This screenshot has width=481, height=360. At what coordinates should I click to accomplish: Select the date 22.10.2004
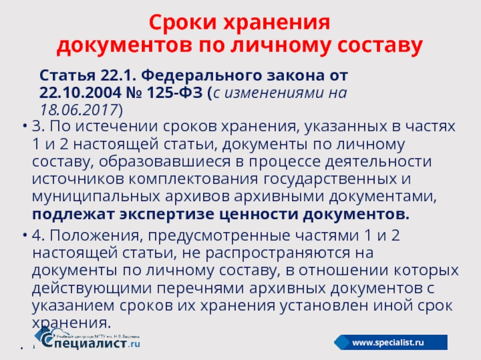click(81, 93)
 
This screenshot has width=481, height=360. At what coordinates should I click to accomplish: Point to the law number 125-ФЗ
click(175, 93)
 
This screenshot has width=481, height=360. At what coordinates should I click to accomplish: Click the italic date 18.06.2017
click(79, 110)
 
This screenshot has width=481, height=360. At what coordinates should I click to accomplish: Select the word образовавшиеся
click(164, 162)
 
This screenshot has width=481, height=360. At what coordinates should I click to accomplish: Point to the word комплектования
click(193, 179)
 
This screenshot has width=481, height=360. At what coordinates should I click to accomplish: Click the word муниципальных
click(96, 197)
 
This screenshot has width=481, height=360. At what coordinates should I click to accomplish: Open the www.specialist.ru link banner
click(390, 342)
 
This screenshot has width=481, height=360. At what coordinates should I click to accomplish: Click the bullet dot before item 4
click(25, 235)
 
